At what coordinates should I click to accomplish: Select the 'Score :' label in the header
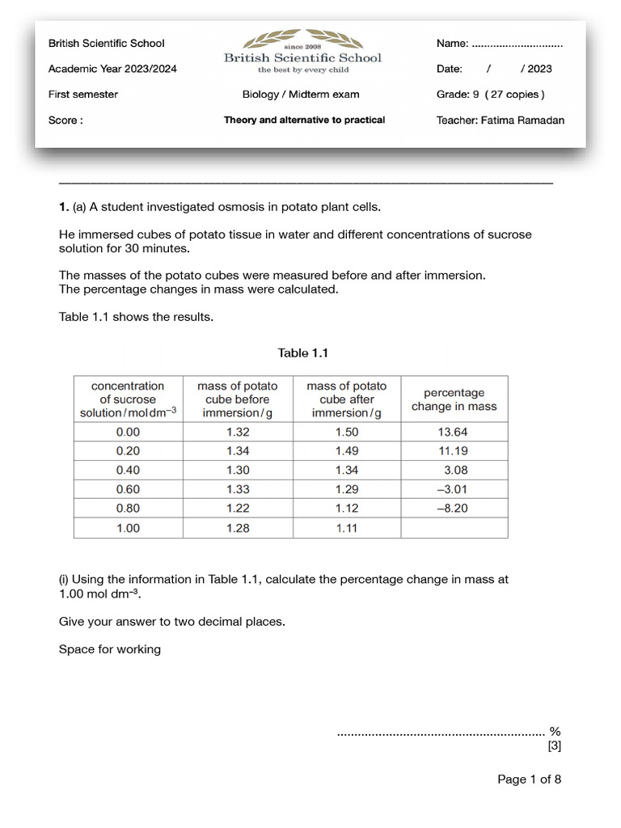coord(65,120)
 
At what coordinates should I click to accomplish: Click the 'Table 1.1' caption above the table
coord(302,353)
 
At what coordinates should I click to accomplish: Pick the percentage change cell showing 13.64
coord(454,432)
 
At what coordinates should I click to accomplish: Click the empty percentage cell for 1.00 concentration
coord(454,528)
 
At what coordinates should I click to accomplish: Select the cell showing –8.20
coord(454,509)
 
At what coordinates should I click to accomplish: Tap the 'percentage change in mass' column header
coord(454,399)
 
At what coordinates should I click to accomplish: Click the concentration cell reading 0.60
coord(128,489)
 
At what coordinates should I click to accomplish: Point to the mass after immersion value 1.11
coord(347,528)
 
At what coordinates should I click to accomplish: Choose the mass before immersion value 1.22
coord(238,509)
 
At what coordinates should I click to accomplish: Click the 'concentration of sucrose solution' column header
coord(128,399)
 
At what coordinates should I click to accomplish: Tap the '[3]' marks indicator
coord(554,746)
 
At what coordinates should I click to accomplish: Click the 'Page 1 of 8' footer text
coord(529,779)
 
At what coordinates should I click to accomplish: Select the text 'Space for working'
coord(110,649)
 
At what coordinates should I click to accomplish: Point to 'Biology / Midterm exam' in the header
coord(301,95)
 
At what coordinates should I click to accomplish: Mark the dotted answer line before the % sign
coord(441,733)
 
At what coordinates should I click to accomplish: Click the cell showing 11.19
coord(454,451)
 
